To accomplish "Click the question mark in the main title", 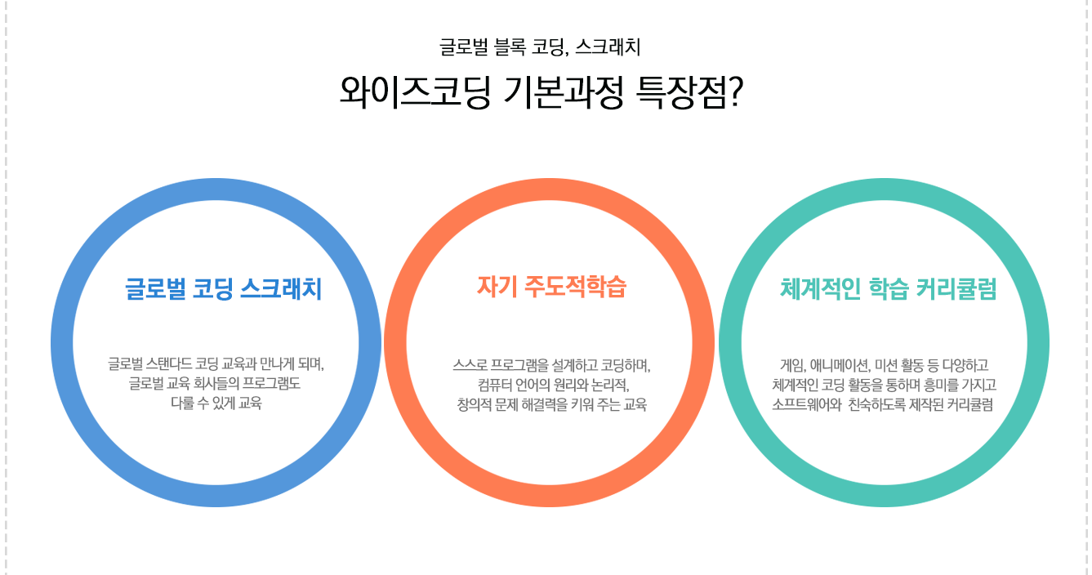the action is (734, 91).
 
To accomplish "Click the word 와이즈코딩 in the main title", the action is (415, 91).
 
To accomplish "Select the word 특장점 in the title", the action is (680, 91).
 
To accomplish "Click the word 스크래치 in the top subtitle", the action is (608, 47).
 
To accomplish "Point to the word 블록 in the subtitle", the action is (510, 47).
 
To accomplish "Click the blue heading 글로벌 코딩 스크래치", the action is (224, 288).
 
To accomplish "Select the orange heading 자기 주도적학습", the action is (551, 287).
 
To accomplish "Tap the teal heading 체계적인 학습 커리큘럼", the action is (889, 288).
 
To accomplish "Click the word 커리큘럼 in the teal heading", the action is (956, 288).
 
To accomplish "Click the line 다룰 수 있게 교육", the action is (216, 403).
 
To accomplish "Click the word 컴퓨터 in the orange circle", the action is (494, 385).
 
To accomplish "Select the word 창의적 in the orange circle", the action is (474, 404).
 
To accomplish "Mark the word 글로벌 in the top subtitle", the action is (464, 47).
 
